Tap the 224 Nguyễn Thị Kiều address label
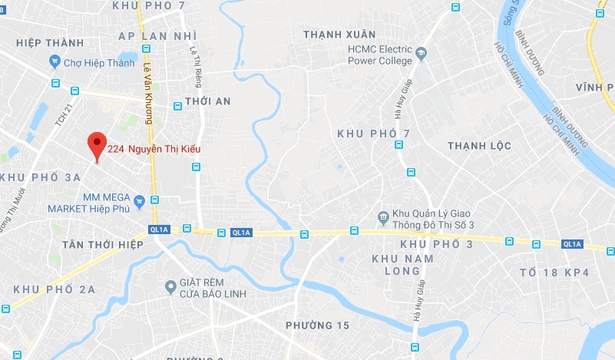(x=154, y=149)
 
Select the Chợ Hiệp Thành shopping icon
(x=55, y=61)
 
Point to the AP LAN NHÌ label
(x=158, y=36)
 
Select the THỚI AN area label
(x=203, y=101)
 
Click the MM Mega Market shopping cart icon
(x=139, y=203)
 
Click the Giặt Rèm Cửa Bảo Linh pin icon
(x=171, y=287)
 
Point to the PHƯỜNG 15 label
(x=317, y=325)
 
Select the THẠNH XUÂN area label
(x=339, y=35)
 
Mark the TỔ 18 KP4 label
(x=554, y=272)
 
